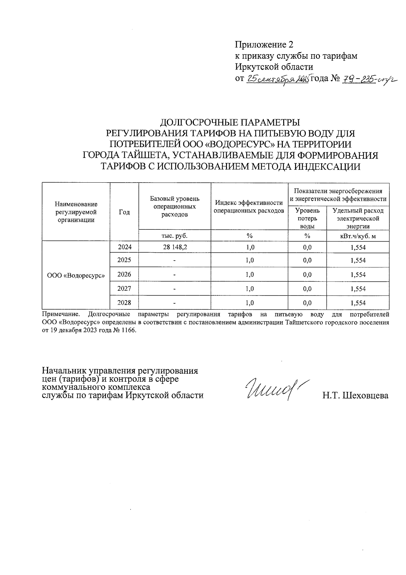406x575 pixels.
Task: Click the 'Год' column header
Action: (124, 212)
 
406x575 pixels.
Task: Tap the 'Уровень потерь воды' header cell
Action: (307, 219)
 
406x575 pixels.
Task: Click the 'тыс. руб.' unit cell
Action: (175, 235)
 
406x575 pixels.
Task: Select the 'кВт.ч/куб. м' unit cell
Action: (358, 236)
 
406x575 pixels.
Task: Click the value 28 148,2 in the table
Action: (175, 247)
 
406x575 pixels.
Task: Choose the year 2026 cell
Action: (124, 274)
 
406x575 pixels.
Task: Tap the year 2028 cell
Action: (124, 303)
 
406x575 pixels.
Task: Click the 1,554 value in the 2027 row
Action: (358, 289)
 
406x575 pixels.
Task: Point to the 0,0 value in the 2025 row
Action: (307, 261)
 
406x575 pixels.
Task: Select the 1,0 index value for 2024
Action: (250, 247)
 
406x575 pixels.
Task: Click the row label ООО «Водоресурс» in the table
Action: (76, 275)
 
